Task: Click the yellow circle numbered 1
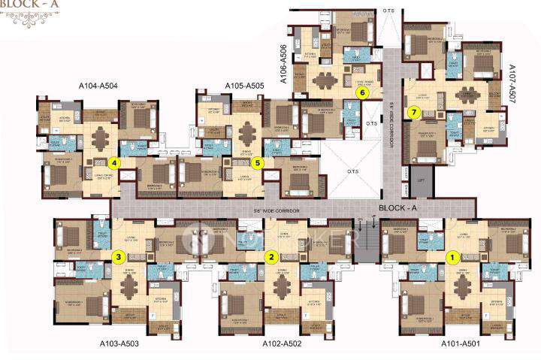point(452,256)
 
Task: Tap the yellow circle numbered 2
point(270,256)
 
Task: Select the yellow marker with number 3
point(118,256)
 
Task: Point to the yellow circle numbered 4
point(114,162)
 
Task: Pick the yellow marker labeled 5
point(258,162)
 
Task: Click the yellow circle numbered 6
point(362,93)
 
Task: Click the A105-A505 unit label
point(244,86)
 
